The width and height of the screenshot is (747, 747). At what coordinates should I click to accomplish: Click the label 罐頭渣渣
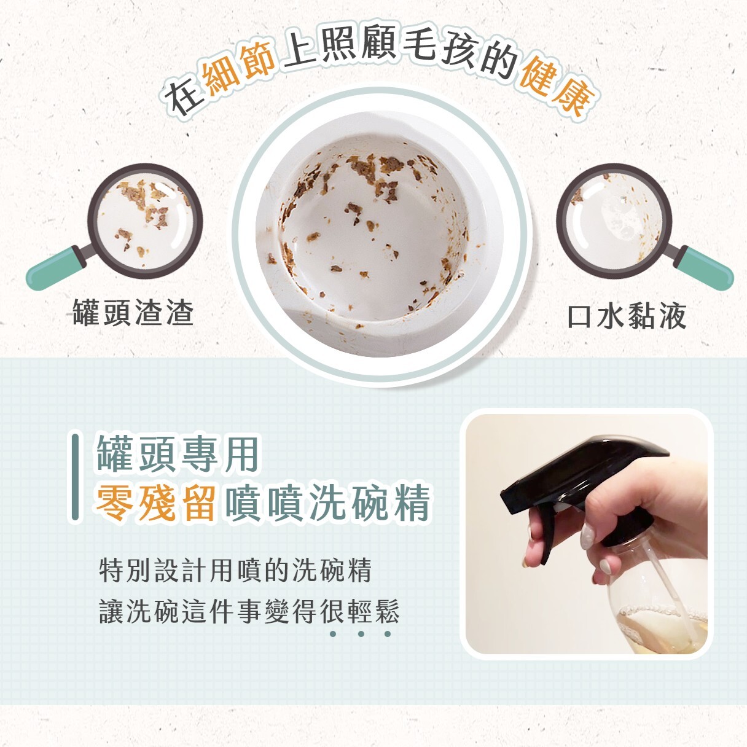133,312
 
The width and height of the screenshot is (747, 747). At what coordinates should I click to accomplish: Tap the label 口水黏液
626,316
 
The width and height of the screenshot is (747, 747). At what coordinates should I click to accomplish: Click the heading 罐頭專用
178,455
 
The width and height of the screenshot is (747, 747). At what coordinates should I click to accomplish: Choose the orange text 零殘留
156,503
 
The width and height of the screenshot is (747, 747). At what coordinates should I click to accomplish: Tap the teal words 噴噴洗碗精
328,503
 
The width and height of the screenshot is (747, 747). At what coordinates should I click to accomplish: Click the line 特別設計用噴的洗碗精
235,570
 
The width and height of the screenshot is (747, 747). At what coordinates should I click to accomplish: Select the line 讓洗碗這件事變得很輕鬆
249,611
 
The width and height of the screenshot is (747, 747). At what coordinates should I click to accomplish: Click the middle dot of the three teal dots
361,633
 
